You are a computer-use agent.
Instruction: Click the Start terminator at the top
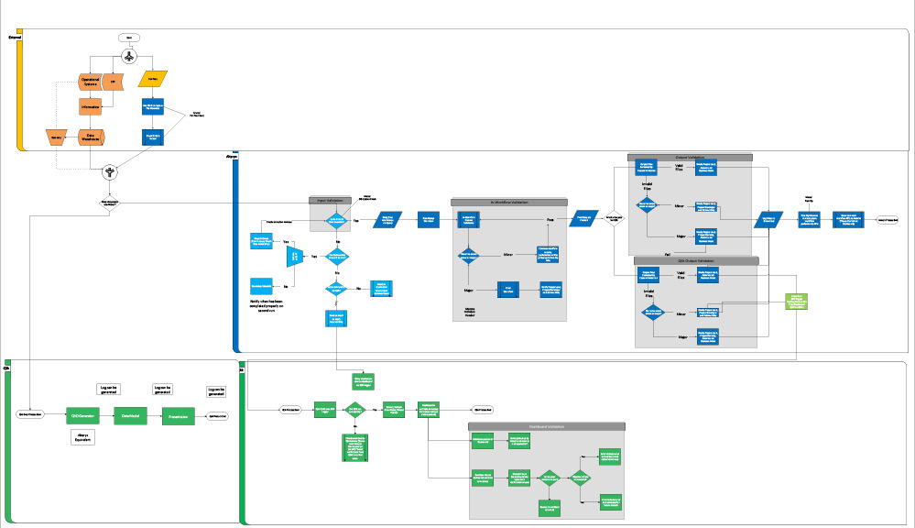pyautogui.click(x=128, y=37)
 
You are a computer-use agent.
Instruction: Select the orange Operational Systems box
pyautogui.click(x=90, y=82)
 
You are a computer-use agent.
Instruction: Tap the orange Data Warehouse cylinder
pyautogui.click(x=91, y=137)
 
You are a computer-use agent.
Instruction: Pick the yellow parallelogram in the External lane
pyautogui.click(x=152, y=80)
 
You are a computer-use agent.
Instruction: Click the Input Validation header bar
pyautogui.click(x=335, y=199)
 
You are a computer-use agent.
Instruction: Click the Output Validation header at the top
pyautogui.click(x=689, y=157)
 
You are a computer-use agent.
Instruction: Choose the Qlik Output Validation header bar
pyautogui.click(x=695, y=260)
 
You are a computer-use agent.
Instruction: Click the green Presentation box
pyautogui.click(x=179, y=416)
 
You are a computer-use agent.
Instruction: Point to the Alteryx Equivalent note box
pyautogui.click(x=84, y=437)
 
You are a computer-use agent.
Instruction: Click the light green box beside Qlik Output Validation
pyautogui.click(x=795, y=302)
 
